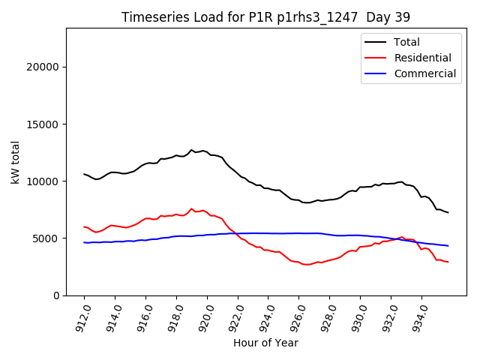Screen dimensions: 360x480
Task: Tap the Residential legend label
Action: [422, 58]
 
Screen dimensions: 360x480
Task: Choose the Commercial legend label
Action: [424, 73]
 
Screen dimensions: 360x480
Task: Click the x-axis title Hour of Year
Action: [265, 343]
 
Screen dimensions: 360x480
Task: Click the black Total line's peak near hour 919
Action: [191, 150]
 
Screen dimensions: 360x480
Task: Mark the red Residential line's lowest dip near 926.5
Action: [307, 264]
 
